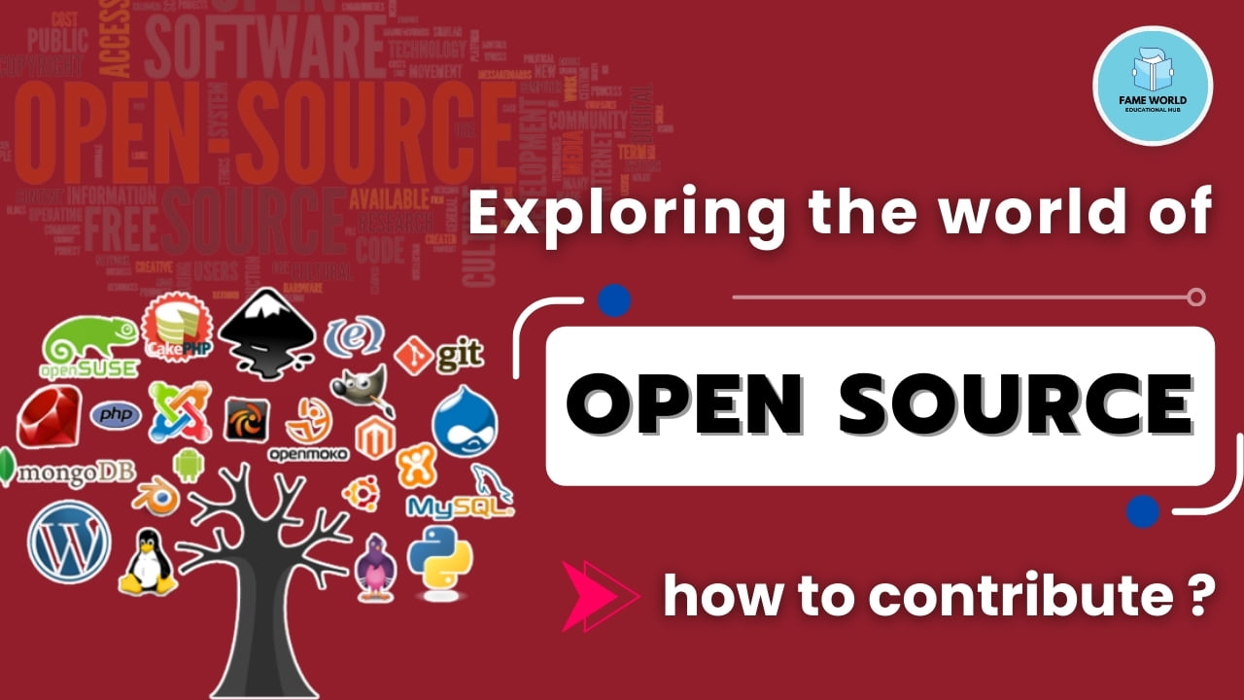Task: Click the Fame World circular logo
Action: coord(1153,86)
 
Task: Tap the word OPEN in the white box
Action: coord(685,405)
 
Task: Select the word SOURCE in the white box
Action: coord(1017,405)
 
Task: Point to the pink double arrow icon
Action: coord(600,596)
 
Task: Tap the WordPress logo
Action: coord(69,542)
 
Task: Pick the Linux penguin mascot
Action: coord(147,562)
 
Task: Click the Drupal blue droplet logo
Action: coord(464,421)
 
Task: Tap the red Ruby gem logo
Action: coord(48,417)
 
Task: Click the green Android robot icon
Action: coord(189,465)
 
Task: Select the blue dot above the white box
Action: coord(614,301)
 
